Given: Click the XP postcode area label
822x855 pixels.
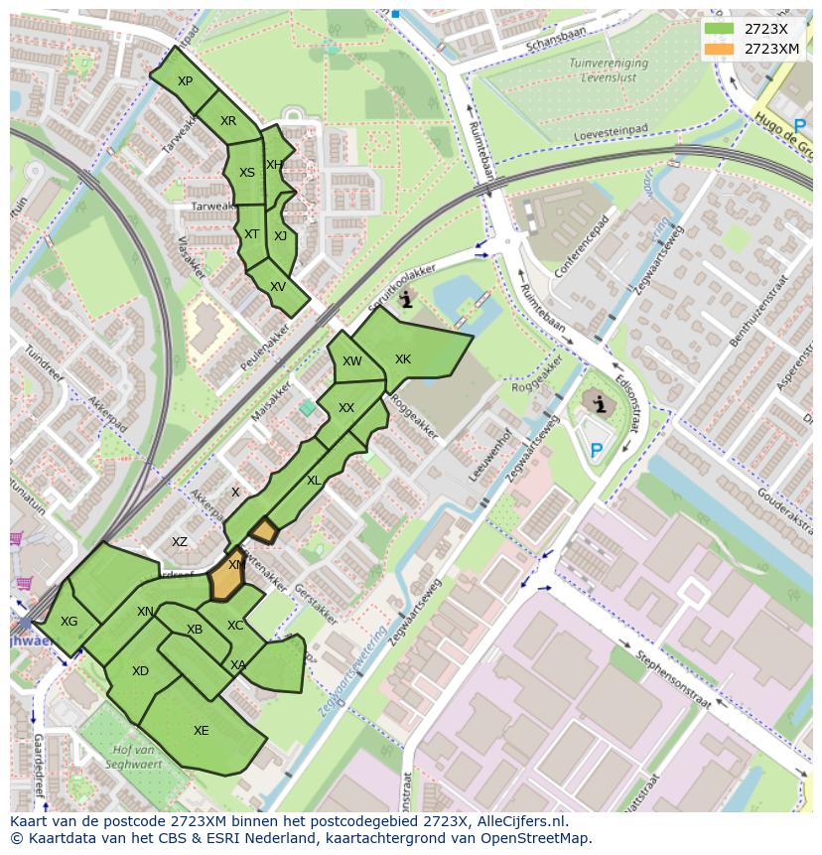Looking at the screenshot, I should click(185, 81).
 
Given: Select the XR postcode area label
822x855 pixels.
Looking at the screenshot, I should click(228, 121).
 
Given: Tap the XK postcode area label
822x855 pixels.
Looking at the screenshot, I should click(402, 359).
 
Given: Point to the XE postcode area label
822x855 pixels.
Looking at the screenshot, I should click(202, 731).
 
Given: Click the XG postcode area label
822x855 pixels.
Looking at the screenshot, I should click(68, 622).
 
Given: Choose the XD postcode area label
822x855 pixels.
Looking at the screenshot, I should click(140, 671).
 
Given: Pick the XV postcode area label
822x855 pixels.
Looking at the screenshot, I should click(278, 287).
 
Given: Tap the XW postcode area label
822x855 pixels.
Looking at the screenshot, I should click(351, 361).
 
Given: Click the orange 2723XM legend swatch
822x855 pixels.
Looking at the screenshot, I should click(720, 49).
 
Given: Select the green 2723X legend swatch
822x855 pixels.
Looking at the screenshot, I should click(720, 29).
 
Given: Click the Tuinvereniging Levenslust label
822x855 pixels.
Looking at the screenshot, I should click(609, 69).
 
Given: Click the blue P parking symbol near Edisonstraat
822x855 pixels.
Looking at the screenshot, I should click(596, 452).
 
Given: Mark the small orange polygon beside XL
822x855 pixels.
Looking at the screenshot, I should click(263, 531).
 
